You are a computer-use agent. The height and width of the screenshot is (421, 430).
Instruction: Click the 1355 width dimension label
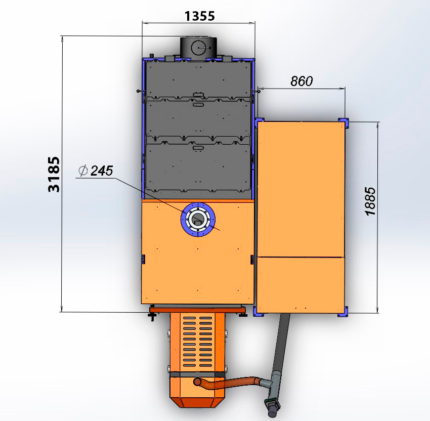(199, 16)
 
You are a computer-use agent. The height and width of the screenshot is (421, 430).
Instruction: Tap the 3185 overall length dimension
(54, 174)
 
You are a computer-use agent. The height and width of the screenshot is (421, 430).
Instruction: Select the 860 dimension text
(302, 81)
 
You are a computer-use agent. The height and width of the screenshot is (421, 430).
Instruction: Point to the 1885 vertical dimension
(370, 201)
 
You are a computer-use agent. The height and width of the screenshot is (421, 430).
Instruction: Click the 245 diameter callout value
(102, 171)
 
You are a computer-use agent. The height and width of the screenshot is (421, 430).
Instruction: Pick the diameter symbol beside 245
(83, 171)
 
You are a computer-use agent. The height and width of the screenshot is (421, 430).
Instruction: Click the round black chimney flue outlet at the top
(198, 47)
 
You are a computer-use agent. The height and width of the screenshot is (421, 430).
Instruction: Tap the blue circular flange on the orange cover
(198, 206)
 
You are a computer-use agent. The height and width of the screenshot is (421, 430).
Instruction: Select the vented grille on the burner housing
(198, 342)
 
